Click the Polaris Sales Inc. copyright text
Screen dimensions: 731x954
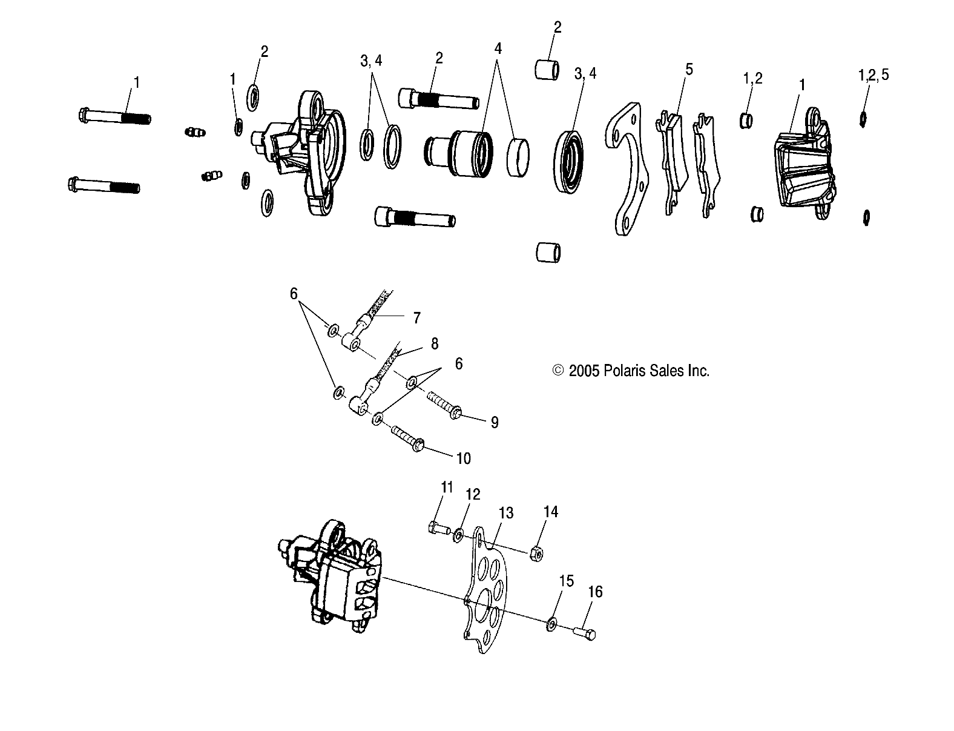[x=631, y=371]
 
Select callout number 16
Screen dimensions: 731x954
[x=595, y=592]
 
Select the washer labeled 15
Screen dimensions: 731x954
[x=552, y=624]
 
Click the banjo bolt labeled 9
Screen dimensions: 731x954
[x=445, y=406]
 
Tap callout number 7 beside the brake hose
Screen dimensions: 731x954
[x=416, y=317]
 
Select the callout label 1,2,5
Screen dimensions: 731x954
[x=873, y=74]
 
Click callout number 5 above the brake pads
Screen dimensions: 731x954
[x=688, y=69]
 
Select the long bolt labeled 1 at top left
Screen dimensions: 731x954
[x=114, y=116]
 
